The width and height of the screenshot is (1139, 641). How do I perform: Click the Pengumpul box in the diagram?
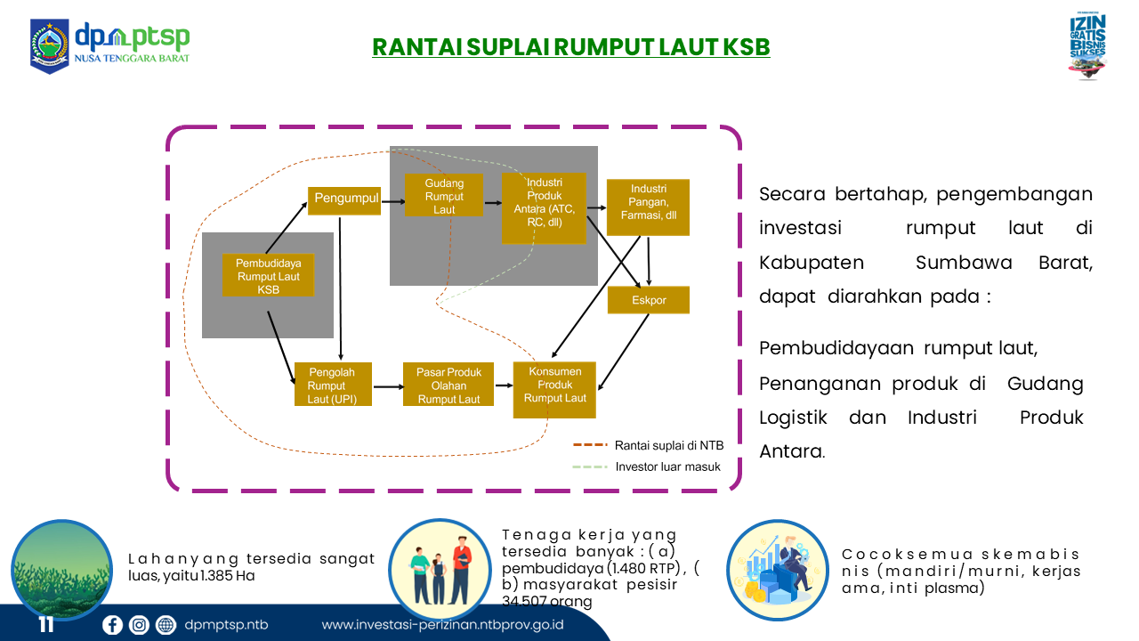pos(344,199)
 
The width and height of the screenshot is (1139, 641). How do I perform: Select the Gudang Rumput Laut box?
pos(444,196)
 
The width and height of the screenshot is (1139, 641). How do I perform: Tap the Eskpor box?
pos(649,300)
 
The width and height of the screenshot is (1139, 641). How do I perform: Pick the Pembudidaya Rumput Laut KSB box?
pos(268,276)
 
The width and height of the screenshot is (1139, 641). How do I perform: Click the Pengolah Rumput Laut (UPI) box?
pos(332,385)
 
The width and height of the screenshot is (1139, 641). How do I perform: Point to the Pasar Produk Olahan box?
pos(448,385)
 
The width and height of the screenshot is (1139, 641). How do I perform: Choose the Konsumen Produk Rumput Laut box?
pos(554,390)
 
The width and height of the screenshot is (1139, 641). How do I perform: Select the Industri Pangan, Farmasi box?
pos(648,207)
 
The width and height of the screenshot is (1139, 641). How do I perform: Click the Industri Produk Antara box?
pos(544,207)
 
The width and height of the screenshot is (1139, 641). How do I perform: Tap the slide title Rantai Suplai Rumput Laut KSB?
pos(570,47)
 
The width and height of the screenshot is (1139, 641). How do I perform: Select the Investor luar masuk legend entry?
pos(667,467)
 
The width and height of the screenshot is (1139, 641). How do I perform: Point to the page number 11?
pos(46,625)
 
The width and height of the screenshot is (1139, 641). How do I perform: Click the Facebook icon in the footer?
pos(112,625)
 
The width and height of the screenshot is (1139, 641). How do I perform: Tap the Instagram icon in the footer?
pos(139,625)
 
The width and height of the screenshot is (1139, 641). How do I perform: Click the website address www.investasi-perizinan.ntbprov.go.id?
pos(442,625)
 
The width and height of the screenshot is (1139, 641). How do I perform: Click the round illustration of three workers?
pos(440,570)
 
